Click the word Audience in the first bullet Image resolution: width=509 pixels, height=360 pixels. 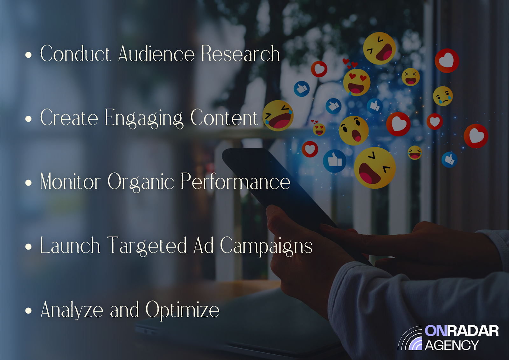pos(156,54)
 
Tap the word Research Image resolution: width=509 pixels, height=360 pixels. pos(241,54)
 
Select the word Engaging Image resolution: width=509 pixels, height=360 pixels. pos(144,118)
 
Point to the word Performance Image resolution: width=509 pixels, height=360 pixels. pos(235,182)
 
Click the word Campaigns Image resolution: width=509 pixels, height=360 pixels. pos(266,246)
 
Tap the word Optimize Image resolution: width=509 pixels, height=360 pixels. pos(183,310)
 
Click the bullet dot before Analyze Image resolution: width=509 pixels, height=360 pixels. pos(28,311)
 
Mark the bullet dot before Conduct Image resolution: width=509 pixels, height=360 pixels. pos(28,55)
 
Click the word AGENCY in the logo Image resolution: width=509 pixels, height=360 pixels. pos(452,345)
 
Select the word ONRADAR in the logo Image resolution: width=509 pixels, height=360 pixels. pos(462,331)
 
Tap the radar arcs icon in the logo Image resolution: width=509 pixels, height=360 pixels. pos(410,338)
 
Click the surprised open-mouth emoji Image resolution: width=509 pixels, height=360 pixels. pos(353,131)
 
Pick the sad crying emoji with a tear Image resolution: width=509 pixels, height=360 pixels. pos(443,96)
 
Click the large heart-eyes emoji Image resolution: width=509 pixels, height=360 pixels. pos(357,82)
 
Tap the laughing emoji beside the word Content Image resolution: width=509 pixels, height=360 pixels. pos(278,116)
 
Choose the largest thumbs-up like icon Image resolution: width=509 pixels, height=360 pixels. pos(334,161)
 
